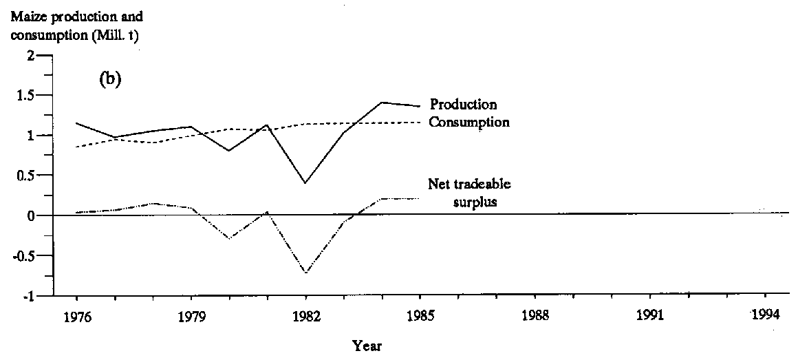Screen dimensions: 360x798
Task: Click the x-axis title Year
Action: coord(367,346)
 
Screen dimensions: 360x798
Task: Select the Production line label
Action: coord(463,105)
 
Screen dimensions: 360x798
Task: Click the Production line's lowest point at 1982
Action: coord(305,183)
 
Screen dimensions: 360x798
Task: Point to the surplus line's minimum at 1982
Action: coord(305,273)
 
